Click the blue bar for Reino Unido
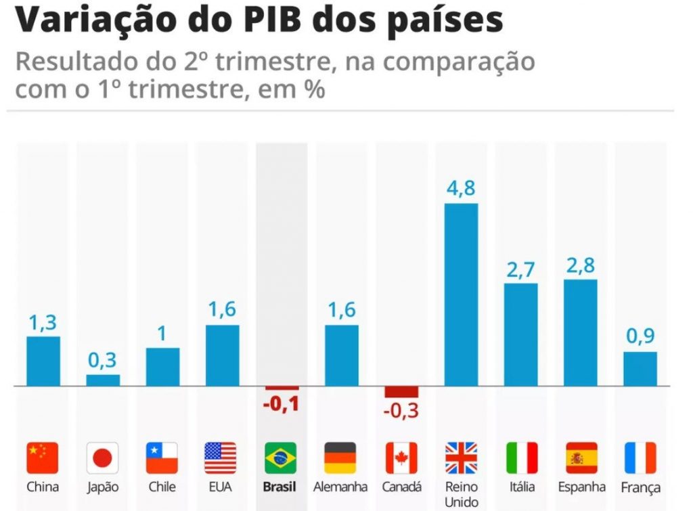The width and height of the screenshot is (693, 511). (461, 294)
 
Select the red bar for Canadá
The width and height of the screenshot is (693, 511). (401, 392)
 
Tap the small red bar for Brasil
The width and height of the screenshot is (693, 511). (282, 388)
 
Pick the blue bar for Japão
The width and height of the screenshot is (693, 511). (103, 380)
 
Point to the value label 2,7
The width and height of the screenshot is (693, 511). (520, 269)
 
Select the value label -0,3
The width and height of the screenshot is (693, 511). (401, 410)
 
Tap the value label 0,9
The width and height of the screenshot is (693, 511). (640, 336)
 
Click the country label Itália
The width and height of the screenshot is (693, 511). (521, 487)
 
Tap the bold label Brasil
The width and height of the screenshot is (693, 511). (280, 487)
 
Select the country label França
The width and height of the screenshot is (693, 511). (640, 487)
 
